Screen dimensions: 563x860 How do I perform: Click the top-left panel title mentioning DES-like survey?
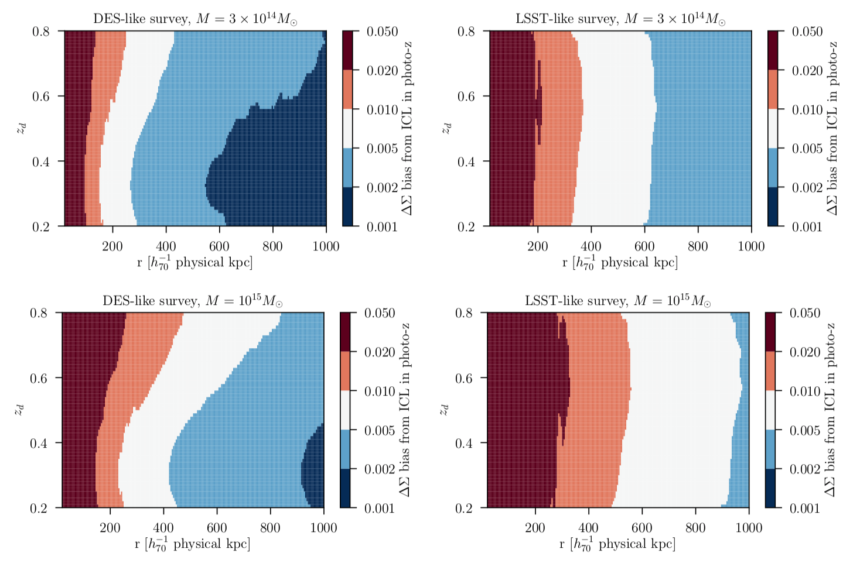tap(195, 19)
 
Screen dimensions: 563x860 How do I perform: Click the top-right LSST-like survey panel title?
tap(620, 19)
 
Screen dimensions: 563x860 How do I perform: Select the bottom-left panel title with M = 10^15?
tap(193, 301)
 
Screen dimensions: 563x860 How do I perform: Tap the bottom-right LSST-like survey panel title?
tap(618, 301)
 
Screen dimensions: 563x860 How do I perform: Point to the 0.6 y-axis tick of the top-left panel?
tap(41, 97)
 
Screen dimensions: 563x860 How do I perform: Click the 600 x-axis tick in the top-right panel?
tap(644, 246)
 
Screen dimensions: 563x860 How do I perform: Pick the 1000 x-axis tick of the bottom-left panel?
tap(323, 528)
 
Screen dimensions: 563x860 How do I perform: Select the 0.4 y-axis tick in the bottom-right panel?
tap(464, 444)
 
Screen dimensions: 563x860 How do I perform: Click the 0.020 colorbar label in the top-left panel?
tap(382, 71)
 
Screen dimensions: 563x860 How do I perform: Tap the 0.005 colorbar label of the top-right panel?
tap(807, 149)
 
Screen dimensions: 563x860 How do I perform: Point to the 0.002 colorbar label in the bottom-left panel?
tap(380, 469)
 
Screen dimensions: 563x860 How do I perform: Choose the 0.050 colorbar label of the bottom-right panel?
tap(805, 313)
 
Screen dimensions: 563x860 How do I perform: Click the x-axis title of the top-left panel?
tap(195, 263)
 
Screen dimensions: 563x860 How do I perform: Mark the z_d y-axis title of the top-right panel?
tap(446, 128)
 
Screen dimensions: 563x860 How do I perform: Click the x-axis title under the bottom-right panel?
tap(618, 544)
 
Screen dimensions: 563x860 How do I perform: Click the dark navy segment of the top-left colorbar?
tap(348, 207)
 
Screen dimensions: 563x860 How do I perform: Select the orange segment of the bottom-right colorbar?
tap(770, 371)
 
